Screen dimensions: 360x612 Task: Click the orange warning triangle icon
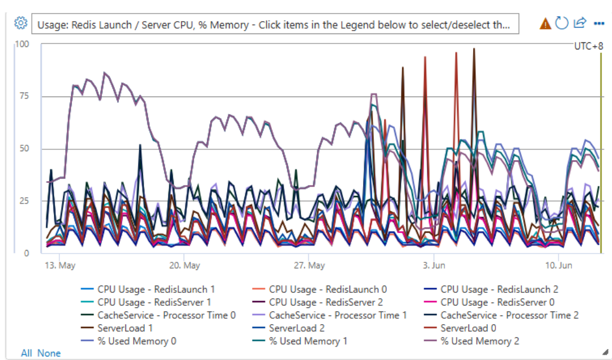(x=546, y=24)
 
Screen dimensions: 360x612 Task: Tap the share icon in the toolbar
(x=580, y=23)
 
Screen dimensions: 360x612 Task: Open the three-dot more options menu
(x=599, y=24)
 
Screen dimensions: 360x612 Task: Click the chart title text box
(x=275, y=25)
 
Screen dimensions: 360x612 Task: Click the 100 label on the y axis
(x=22, y=45)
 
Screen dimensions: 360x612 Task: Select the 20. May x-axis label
(x=184, y=265)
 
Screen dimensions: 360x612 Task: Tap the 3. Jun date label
(x=434, y=265)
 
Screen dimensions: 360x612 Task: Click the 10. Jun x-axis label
(x=558, y=265)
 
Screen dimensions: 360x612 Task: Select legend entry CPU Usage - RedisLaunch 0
(x=327, y=289)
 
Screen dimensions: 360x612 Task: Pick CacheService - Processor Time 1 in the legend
(x=337, y=315)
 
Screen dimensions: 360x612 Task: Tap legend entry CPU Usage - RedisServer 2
(x=325, y=302)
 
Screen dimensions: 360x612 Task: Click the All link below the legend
(x=26, y=353)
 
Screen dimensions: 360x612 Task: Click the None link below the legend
(x=49, y=353)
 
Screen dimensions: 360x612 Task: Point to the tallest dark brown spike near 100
(x=474, y=50)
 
